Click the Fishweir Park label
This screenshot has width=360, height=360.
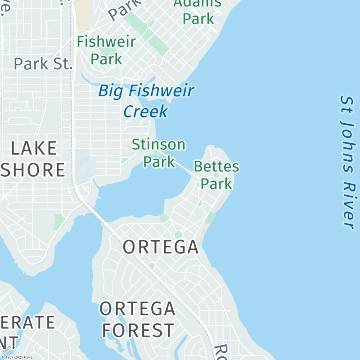[x=106, y=50]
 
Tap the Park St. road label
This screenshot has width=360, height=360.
[x=43, y=63]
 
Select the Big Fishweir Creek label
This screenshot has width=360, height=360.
[x=146, y=101]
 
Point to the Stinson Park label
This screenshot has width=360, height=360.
[x=158, y=153]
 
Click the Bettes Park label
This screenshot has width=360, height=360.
[x=216, y=175]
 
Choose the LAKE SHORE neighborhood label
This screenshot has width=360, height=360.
[x=33, y=159]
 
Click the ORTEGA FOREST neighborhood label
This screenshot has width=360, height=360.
[x=137, y=319]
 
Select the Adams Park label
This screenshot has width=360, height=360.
[x=198, y=11]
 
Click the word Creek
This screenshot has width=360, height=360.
[x=145, y=111]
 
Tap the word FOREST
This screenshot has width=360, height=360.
[x=137, y=330]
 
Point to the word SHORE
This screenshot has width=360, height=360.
[x=33, y=170]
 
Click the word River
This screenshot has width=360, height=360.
[x=348, y=205]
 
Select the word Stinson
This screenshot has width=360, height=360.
[x=158, y=145]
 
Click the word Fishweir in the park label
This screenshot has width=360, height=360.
[x=106, y=42]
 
